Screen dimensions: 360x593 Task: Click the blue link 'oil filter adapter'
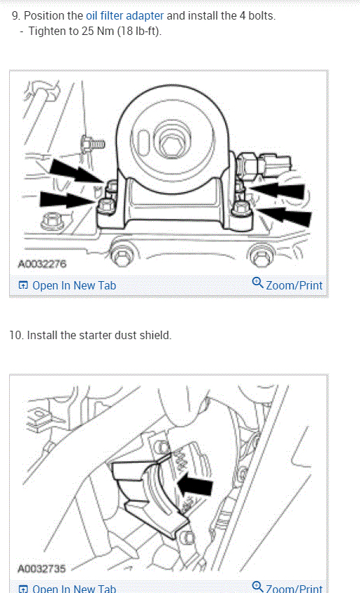[x=125, y=16]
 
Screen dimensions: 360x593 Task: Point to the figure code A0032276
[x=42, y=264]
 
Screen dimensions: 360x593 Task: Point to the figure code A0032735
[x=42, y=569]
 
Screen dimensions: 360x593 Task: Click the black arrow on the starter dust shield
[x=195, y=487]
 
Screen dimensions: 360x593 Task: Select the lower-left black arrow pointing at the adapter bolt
[x=67, y=200]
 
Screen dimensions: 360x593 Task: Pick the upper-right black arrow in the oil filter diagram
[x=278, y=190]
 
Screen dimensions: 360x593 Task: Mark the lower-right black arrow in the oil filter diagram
[x=285, y=215]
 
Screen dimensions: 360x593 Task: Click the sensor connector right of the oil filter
[x=265, y=164]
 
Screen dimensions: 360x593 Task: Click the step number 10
[x=16, y=336]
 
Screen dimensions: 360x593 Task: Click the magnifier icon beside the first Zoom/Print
[x=257, y=283]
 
